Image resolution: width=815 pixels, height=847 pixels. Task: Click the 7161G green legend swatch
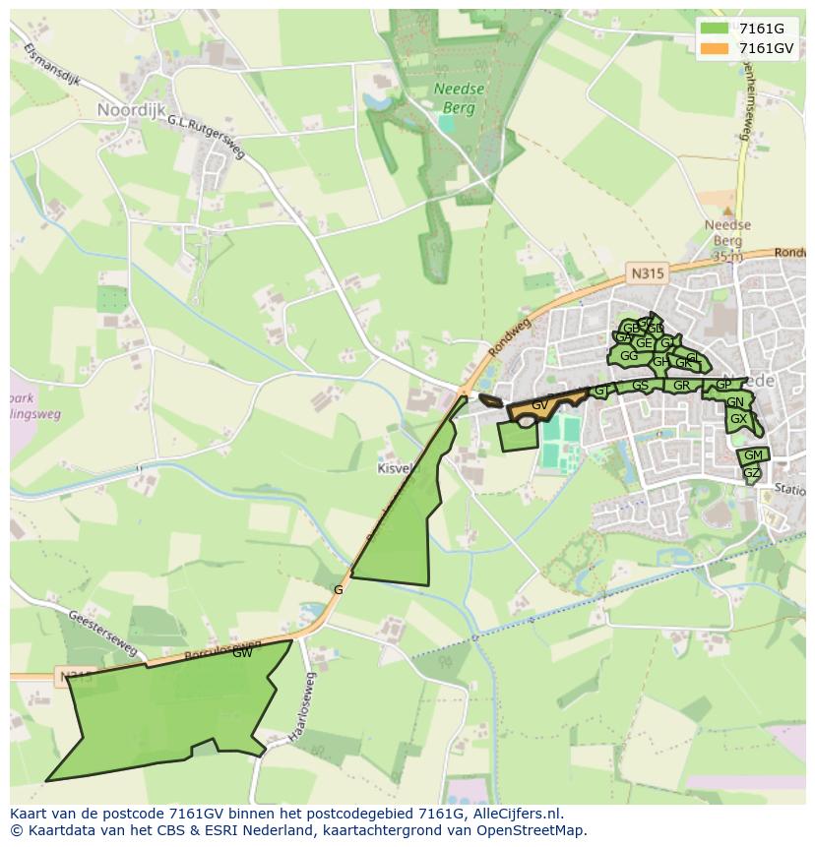715,29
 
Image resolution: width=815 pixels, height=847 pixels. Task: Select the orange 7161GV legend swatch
715,48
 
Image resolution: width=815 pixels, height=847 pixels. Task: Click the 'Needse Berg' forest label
459,95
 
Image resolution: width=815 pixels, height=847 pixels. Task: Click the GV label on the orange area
539,405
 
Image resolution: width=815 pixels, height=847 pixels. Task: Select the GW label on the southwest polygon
243,653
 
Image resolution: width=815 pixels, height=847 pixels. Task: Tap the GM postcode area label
753,455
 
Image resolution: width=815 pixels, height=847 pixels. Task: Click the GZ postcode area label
751,473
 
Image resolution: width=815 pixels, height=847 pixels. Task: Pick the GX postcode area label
739,419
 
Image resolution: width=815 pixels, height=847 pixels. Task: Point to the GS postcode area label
641,386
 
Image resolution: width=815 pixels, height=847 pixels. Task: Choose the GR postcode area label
681,386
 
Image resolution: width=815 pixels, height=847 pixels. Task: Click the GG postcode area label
628,356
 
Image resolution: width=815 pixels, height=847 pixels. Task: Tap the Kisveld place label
398,469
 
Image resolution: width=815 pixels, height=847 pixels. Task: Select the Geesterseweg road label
102,629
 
